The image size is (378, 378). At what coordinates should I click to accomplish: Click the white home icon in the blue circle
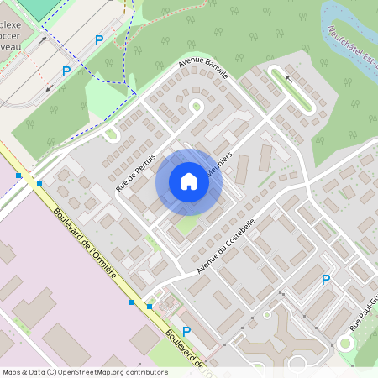click(189, 181)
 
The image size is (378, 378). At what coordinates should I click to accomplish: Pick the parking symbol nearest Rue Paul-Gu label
click(326, 280)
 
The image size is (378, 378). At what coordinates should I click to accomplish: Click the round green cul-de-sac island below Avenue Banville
click(197, 107)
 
